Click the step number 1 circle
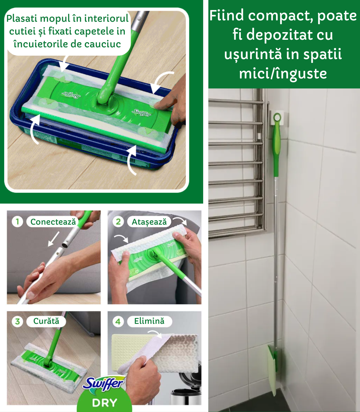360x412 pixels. pyautogui.click(x=17, y=222)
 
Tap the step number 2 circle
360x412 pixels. pyautogui.click(x=118, y=222)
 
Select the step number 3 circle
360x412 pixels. pyautogui.click(x=17, y=321)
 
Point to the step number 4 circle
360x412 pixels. pyautogui.click(x=118, y=321)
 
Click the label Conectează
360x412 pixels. pyautogui.click(x=53, y=222)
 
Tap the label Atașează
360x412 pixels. pyautogui.click(x=149, y=222)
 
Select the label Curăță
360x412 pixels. pyautogui.click(x=46, y=321)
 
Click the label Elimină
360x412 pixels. pyautogui.click(x=149, y=321)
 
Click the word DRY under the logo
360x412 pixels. pyautogui.click(x=104, y=403)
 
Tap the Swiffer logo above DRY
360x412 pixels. pyautogui.click(x=104, y=384)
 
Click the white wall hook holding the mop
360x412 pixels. pyautogui.click(x=277, y=117)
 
